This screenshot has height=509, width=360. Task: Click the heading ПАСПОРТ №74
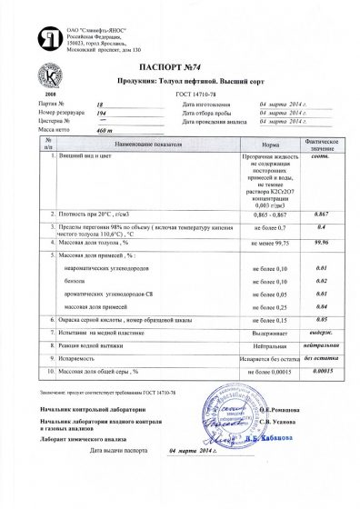click(x=179, y=66)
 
